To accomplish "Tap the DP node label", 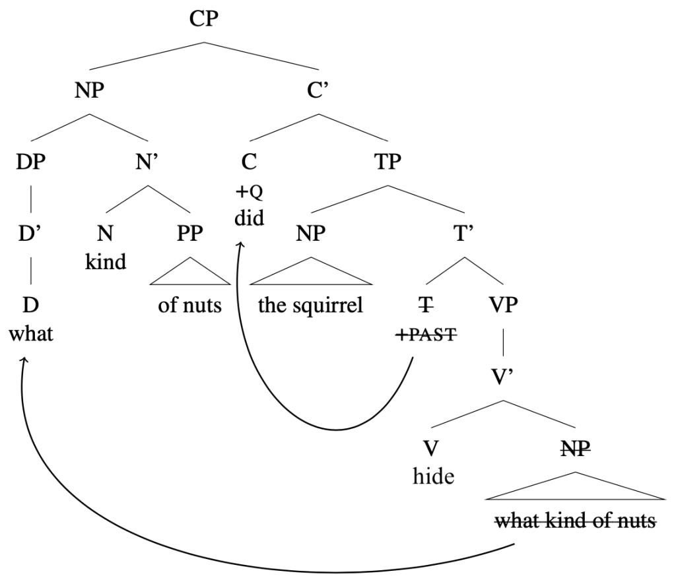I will (32, 162).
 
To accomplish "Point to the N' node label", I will (146, 162).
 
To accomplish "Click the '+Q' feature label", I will (250, 192).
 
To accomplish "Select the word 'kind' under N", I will (106, 261).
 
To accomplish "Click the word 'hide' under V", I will (433, 475).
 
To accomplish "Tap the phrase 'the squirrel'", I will (311, 306).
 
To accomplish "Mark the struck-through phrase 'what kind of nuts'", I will (575, 521).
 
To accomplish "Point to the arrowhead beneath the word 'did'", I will (242, 245).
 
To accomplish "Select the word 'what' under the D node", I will (32, 334).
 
